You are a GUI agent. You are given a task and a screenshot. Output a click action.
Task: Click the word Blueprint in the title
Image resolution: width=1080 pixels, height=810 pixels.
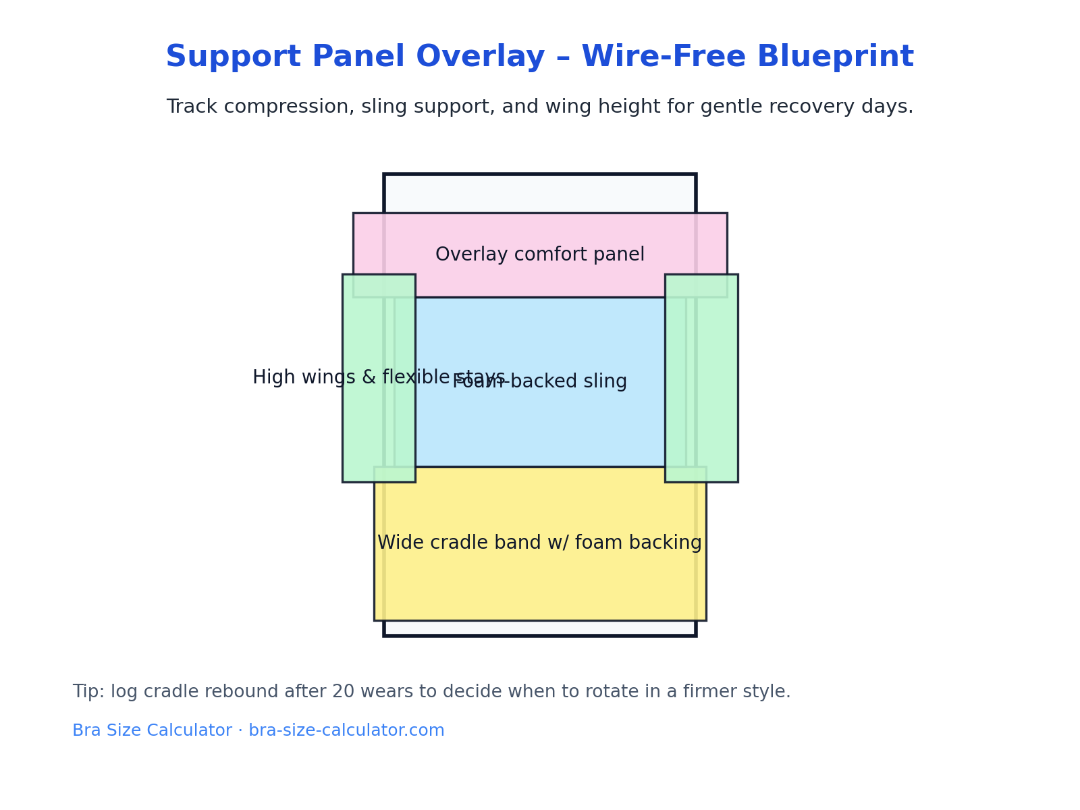835,57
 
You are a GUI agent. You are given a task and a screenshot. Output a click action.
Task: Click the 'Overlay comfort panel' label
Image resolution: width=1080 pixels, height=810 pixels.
540,255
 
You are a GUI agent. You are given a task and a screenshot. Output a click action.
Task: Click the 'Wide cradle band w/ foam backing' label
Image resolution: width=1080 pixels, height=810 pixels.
540,543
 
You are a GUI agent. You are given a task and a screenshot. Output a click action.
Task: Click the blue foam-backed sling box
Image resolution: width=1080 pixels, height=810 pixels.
540,425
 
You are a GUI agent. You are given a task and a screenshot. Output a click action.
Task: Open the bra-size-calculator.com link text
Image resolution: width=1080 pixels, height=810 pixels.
346,731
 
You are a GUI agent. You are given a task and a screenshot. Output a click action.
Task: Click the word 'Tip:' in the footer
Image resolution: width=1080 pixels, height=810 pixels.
88,693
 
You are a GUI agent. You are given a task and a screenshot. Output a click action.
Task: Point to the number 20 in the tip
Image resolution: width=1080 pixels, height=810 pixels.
360,693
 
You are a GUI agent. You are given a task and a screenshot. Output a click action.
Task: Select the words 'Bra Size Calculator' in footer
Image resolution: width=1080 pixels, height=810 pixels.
152,731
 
